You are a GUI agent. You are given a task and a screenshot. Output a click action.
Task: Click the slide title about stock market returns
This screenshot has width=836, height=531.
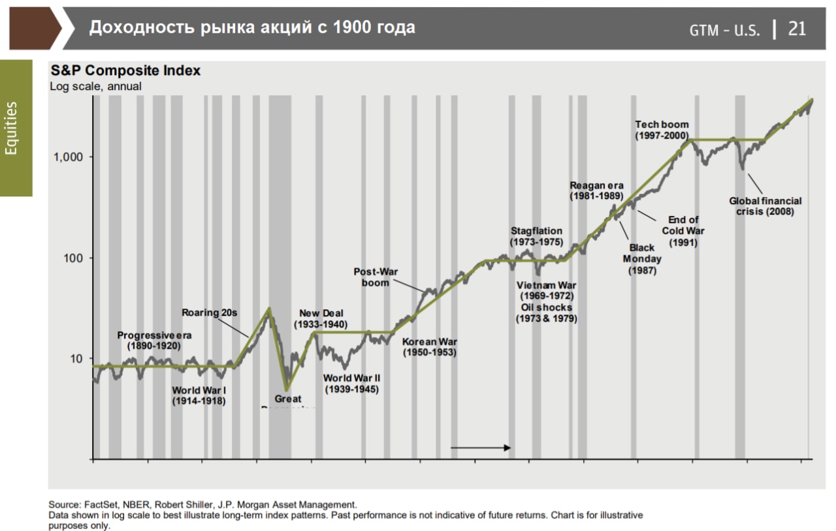click(252, 27)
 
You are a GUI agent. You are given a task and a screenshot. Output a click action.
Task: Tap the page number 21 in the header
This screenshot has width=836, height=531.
click(797, 29)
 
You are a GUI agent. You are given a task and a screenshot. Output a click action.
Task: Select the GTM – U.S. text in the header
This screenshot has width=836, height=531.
click(725, 30)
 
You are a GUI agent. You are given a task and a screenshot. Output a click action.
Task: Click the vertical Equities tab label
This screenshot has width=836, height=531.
click(12, 128)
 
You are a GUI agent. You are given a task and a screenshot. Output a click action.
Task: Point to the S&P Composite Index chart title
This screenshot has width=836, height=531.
click(125, 70)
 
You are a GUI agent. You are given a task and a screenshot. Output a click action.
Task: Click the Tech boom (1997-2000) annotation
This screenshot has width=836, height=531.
click(662, 130)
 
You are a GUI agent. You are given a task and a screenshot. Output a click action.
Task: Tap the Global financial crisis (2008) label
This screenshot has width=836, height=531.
click(765, 206)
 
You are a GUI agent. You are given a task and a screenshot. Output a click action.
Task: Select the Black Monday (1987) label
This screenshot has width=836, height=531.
click(641, 259)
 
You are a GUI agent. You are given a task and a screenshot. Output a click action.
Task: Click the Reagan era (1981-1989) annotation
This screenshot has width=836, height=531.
click(596, 190)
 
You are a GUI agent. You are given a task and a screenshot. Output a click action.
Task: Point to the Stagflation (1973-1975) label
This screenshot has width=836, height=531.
click(536, 236)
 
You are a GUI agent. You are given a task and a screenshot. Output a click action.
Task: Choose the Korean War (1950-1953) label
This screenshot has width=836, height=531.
click(428, 346)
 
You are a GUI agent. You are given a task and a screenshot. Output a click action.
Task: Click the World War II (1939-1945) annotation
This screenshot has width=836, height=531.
click(352, 384)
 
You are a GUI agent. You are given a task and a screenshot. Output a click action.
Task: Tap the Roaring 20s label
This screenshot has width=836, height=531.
click(209, 312)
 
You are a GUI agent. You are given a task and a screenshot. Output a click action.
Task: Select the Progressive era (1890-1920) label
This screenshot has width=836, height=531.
click(154, 340)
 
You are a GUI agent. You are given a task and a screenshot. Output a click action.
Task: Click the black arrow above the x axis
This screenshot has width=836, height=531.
click(480, 448)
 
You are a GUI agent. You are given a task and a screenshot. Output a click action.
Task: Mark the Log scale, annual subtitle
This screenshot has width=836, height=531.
click(95, 85)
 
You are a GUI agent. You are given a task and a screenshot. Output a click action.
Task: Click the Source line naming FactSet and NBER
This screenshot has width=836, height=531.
click(202, 505)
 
